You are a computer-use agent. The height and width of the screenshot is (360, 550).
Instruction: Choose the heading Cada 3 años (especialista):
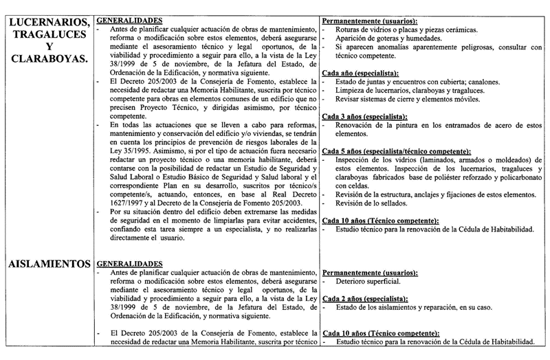368,117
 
